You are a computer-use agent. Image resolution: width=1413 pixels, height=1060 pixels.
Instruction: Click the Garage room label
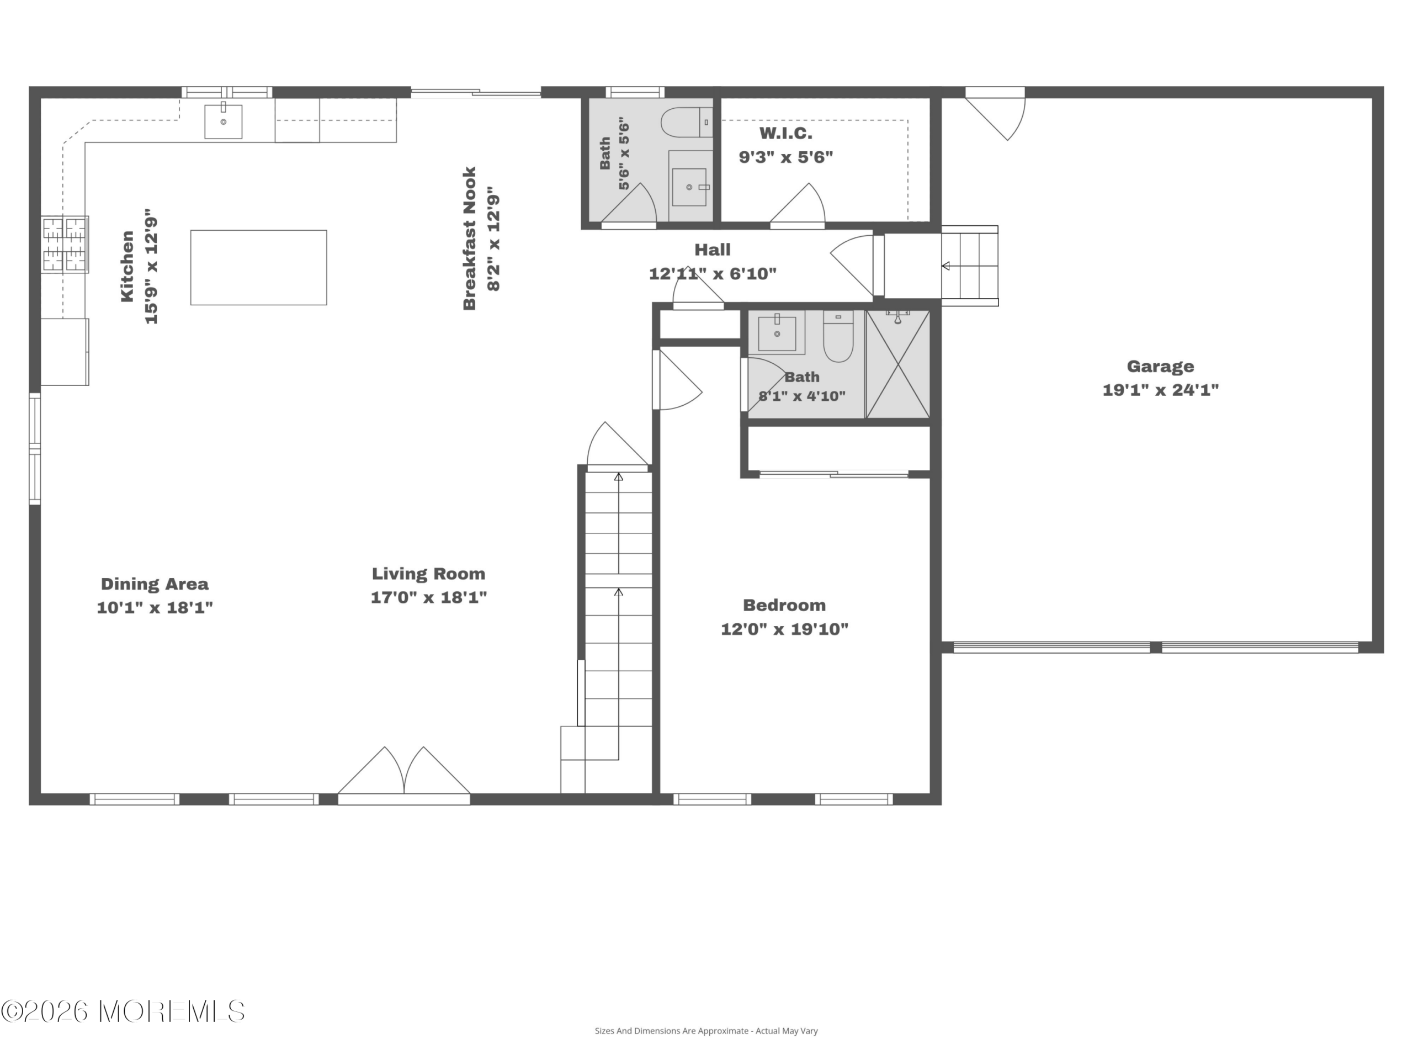click(1160, 367)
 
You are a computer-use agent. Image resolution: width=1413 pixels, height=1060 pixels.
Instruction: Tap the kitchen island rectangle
click(259, 268)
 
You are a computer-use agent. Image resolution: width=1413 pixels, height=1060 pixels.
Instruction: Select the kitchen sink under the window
click(224, 121)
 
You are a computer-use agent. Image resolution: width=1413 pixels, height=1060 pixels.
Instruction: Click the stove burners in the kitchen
click(65, 245)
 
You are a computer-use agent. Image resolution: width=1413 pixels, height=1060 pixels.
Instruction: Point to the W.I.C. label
click(786, 134)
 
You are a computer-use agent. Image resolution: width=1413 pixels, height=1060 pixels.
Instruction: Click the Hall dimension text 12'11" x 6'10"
click(713, 274)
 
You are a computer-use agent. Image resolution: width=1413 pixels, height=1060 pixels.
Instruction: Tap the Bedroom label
click(784, 605)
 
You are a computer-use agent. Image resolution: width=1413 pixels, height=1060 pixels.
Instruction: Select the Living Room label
click(429, 574)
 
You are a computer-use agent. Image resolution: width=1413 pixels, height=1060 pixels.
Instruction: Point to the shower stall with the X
click(898, 364)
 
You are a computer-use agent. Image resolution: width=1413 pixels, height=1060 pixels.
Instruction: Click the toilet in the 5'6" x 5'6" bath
click(687, 123)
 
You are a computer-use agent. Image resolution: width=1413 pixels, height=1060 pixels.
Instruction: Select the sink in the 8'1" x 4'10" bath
click(777, 333)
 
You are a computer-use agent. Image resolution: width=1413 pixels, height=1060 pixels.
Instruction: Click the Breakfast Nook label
click(470, 239)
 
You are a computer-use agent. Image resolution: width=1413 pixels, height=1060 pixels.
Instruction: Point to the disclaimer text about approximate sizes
click(706, 1031)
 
